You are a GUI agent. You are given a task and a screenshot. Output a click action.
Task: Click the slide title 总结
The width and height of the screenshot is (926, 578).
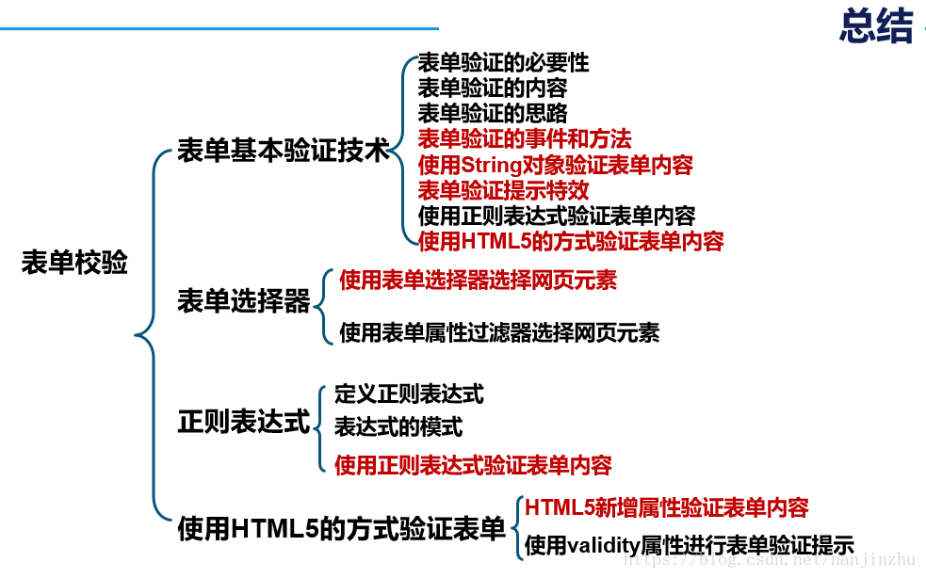click(875, 26)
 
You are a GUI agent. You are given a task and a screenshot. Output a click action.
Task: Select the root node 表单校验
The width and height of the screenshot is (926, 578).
click(74, 263)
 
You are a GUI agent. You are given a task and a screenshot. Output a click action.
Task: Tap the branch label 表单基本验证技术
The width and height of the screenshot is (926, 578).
click(284, 151)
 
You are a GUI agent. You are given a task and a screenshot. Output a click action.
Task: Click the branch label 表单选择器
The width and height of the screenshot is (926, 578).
click(244, 302)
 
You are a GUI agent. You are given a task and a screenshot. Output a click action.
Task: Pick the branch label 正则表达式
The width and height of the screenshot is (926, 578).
click(244, 422)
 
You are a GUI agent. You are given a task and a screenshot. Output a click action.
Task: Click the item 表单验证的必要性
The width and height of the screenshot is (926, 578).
click(503, 63)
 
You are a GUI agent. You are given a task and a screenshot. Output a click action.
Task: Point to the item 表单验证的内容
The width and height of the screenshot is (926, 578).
click(493, 88)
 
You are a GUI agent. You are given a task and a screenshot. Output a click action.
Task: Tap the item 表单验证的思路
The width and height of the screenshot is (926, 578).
click(493, 114)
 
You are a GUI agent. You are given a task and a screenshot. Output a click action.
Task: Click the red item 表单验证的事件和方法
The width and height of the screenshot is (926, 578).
click(525, 139)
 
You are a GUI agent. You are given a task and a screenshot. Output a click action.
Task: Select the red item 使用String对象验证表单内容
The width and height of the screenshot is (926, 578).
click(556, 165)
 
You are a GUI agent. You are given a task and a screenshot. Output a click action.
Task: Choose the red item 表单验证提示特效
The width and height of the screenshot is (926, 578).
click(503, 190)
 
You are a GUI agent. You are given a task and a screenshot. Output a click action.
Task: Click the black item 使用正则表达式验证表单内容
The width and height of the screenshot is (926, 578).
click(557, 216)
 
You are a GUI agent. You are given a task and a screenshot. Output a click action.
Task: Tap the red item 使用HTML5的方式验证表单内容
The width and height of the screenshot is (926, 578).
click(571, 241)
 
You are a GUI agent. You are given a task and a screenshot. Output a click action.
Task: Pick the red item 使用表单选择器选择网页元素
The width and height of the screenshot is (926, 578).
click(478, 280)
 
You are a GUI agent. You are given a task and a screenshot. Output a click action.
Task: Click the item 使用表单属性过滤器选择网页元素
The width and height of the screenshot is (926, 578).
click(499, 331)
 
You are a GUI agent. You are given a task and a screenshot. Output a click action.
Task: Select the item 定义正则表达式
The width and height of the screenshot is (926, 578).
click(409, 393)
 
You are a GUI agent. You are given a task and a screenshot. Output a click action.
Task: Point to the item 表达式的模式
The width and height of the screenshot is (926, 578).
click(398, 426)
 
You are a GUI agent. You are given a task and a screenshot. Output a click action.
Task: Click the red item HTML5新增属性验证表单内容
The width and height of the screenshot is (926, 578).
click(667, 507)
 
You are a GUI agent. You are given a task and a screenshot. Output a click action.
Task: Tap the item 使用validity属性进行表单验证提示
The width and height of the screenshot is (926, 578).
click(690, 545)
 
